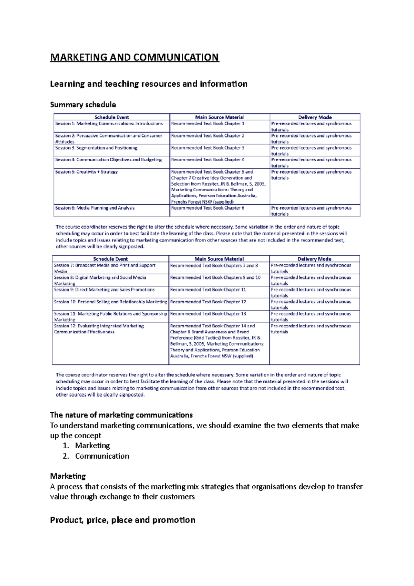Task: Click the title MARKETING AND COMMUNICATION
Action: [x=135, y=57]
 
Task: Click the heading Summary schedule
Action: [x=83, y=105]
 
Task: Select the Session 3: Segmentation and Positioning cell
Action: [x=96, y=148]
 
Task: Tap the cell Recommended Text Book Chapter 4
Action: [x=208, y=160]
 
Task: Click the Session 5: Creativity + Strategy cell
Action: [x=87, y=172]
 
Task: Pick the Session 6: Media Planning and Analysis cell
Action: [x=95, y=208]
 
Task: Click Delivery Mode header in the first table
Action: [x=315, y=117]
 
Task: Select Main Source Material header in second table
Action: [x=219, y=259]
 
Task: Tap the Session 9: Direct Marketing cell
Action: [x=104, y=290]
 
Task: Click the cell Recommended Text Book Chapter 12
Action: [x=208, y=302]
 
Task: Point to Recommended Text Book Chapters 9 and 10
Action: [x=215, y=278]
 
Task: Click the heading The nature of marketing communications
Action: [x=121, y=415]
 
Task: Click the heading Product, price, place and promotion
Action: [x=122, y=520]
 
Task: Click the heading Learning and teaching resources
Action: [x=148, y=84]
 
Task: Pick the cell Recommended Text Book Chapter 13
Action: [x=208, y=314]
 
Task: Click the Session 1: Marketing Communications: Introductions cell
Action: [x=109, y=124]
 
